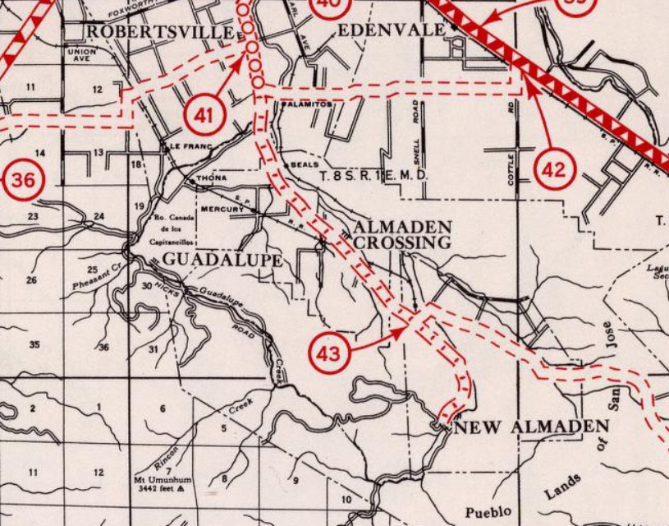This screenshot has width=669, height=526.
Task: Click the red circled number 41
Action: coord(204,115)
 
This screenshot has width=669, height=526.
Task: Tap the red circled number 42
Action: coord(554,169)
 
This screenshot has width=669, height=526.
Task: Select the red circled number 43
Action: coord(328,354)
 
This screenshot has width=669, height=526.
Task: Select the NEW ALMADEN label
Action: coord(531,427)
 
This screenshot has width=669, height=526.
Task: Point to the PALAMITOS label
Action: coord(306,104)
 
